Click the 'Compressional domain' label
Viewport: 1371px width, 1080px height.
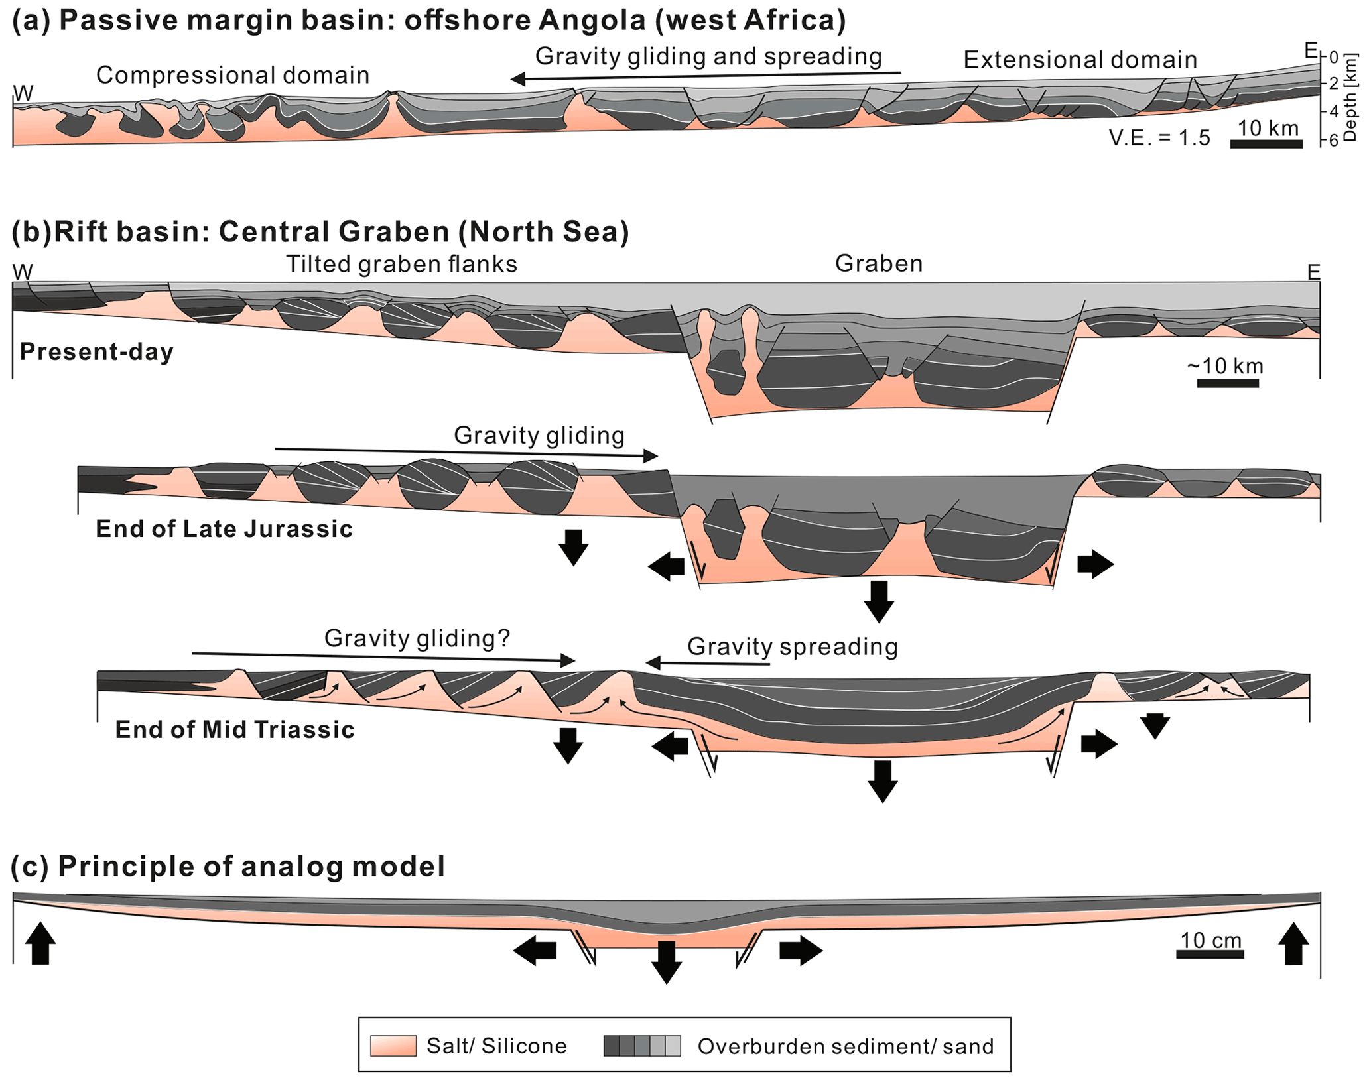point(232,76)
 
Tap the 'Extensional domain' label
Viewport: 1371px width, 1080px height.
point(1080,60)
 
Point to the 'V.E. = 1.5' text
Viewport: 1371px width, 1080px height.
point(1159,138)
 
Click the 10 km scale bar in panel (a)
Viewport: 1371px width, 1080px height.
point(1266,143)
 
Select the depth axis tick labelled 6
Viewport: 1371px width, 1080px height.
point(1332,141)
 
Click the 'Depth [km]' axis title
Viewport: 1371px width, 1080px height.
point(1349,98)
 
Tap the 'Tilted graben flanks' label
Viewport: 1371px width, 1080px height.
point(401,264)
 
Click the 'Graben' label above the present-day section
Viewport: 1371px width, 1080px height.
point(878,264)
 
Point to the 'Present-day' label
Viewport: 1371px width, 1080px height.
point(97,351)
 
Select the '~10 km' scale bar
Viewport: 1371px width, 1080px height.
point(1227,383)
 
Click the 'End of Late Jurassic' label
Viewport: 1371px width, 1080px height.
point(224,529)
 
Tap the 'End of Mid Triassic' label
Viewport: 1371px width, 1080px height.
point(235,729)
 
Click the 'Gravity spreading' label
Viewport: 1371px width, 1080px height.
point(792,646)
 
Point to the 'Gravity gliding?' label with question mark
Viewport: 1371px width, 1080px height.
point(417,638)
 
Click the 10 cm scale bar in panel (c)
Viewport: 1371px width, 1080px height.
point(1210,954)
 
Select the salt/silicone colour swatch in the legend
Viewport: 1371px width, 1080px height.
point(393,1046)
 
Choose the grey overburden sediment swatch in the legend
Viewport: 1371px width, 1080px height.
point(641,1046)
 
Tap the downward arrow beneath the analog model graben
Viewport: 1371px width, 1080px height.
point(666,961)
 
